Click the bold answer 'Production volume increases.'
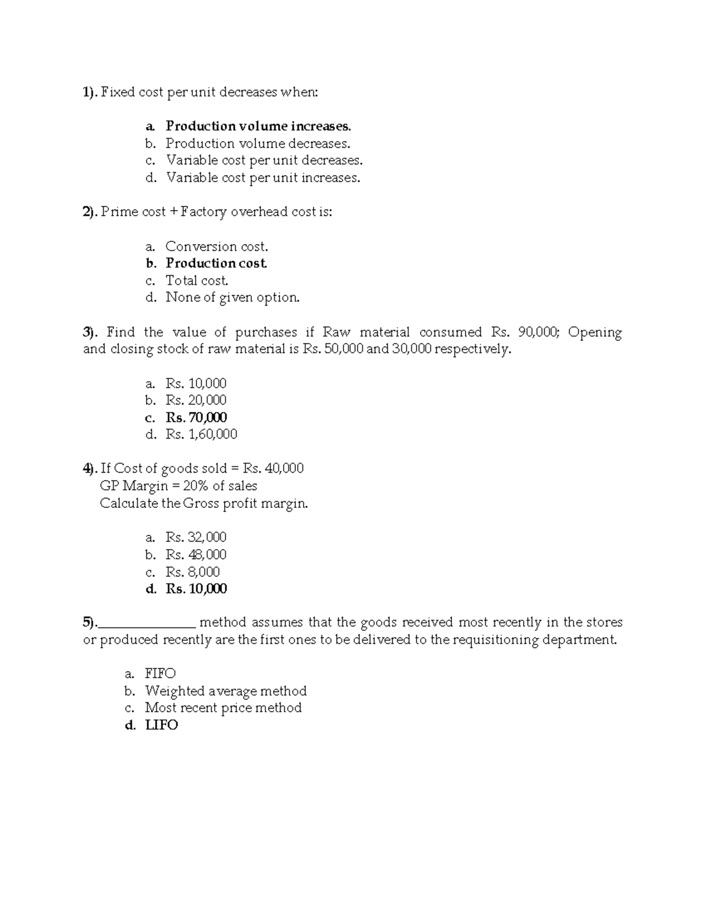coord(258,126)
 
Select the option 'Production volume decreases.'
coord(258,144)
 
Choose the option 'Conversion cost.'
coord(217,247)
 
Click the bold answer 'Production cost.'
coord(216,264)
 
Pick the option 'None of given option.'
coord(232,298)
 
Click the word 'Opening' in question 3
coord(595,333)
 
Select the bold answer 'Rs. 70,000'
coord(196,418)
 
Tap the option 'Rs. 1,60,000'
coord(201,435)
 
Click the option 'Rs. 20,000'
coord(196,401)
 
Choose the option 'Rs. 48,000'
coord(196,555)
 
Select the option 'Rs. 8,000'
coord(193,572)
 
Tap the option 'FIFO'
coord(160,674)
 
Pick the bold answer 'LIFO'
coord(161,726)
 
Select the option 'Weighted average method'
coord(225,691)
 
